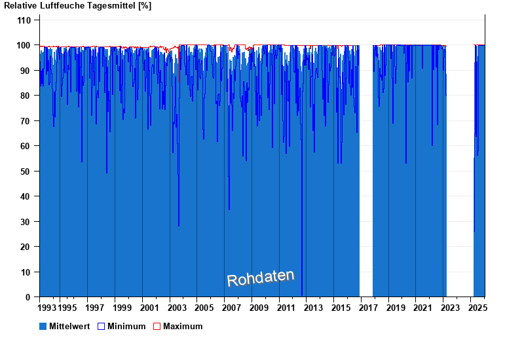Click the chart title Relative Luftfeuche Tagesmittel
[77, 6]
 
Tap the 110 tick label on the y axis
[24, 20]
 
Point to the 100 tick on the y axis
[24, 45]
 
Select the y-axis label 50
[26, 171]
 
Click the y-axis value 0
[28, 297]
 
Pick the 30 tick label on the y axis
[26, 222]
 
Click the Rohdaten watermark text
[261, 278]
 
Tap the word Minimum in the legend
[126, 326]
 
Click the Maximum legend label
[183, 326]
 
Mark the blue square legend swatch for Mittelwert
[43, 326]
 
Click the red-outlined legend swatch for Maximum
[157, 326]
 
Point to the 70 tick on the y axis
[26, 121]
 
